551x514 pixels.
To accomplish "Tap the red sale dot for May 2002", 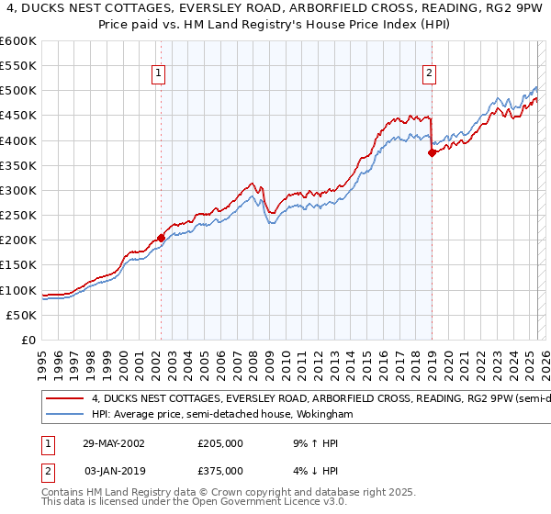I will (x=161, y=238).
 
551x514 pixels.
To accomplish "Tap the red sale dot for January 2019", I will (x=431, y=153).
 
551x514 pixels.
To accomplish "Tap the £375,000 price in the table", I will (x=220, y=470).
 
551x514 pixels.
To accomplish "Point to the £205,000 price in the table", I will (x=220, y=442).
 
